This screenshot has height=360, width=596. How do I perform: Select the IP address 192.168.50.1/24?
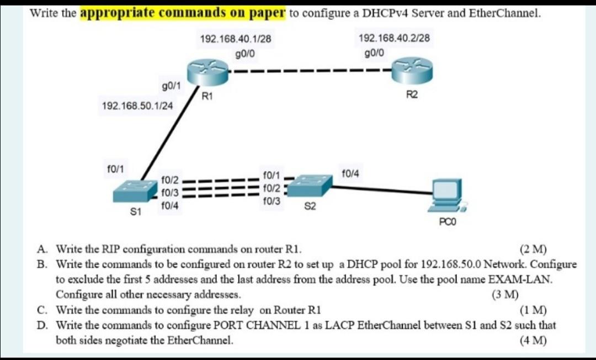click(x=137, y=105)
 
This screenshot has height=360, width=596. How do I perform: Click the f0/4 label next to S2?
click(x=350, y=174)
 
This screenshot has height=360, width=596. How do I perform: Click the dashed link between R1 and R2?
click(x=309, y=71)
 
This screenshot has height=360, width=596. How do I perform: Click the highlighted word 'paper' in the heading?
click(x=265, y=12)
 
